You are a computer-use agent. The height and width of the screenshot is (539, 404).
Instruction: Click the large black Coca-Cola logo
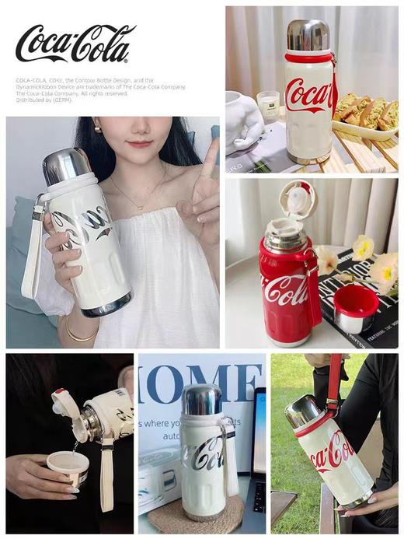pyautogui.click(x=75, y=43)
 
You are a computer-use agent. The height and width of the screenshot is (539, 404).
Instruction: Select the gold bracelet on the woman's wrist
pyautogui.click(x=78, y=335)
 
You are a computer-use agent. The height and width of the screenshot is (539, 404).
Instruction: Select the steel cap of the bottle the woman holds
pyautogui.click(x=65, y=165)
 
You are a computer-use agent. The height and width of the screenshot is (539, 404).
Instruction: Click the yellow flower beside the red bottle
pyautogui.click(x=362, y=247)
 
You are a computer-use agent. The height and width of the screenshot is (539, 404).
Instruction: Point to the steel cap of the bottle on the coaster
pyautogui.click(x=201, y=399)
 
